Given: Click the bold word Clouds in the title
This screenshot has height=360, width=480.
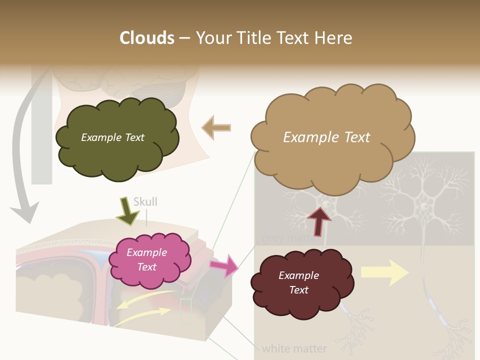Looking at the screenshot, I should point(147,37).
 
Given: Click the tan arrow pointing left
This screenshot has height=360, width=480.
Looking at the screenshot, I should point(216,127).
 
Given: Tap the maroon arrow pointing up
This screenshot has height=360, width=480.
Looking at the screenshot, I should point(319,220).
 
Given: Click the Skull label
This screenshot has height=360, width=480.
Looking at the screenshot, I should point(145,202).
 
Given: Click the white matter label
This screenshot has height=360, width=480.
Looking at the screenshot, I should point(294,348).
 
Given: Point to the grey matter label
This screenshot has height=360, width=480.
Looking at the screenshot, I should point(290,238).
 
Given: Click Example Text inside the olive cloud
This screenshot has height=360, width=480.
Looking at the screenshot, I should point(112,137).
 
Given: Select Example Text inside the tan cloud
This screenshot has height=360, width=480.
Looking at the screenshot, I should point(326,137).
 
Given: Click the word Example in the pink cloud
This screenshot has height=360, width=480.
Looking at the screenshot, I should point(146,253).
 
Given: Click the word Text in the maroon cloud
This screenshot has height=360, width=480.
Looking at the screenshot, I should point(298,290).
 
